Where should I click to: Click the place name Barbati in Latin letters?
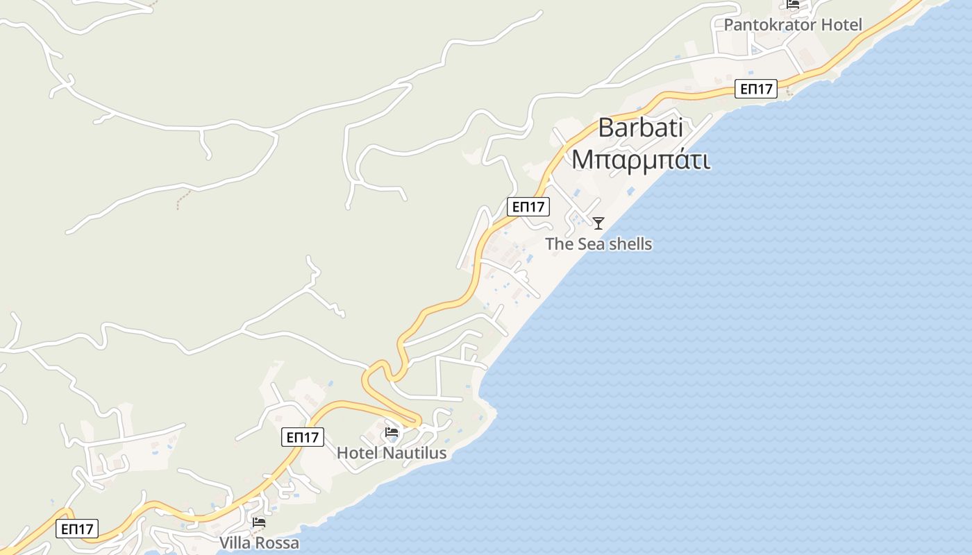[640, 128]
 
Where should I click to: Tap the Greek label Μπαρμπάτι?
[640, 160]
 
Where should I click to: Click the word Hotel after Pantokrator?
[841, 25]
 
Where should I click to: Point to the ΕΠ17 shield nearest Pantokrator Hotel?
[756, 89]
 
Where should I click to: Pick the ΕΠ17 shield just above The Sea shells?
[528, 207]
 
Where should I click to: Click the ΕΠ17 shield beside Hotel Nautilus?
[303, 437]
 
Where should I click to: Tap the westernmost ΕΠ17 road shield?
[77, 529]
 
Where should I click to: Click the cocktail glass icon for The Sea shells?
[598, 223]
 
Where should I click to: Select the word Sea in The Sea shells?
[590, 244]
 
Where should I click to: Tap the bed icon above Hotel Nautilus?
[392, 433]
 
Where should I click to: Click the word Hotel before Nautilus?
[357, 453]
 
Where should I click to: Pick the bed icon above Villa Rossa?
[259, 522]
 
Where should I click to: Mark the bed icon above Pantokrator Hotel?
[793, 4]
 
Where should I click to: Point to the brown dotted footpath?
[182, 198]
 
